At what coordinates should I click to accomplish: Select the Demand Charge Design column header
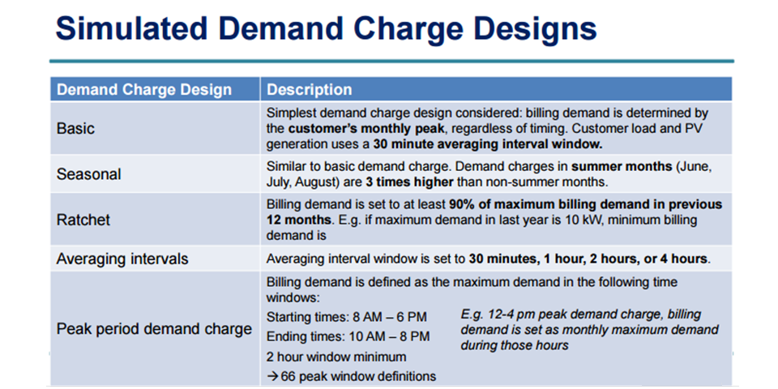coord(143,90)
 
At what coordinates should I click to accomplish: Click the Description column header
coord(310,90)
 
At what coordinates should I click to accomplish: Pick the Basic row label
coord(75,128)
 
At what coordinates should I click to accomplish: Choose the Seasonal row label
coord(88,174)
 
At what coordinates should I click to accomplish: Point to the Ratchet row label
coord(83,220)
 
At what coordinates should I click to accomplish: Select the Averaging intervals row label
coord(122,259)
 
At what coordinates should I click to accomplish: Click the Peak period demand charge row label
coord(154,330)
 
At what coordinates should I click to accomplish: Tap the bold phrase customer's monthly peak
coord(357,129)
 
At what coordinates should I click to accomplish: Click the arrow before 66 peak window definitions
coord(273,376)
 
